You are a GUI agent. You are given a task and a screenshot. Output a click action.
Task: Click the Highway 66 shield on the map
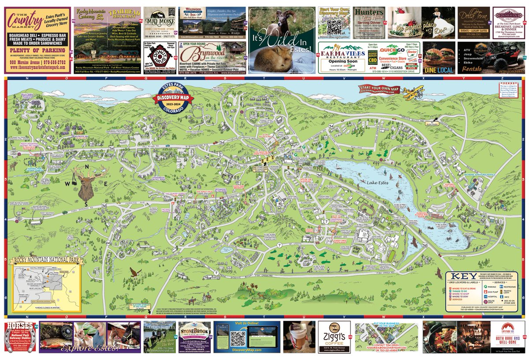click(108, 243)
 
